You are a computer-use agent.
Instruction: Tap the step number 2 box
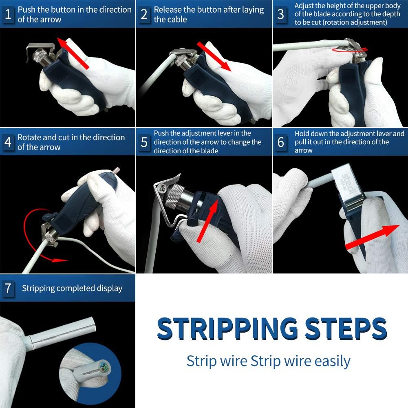144,14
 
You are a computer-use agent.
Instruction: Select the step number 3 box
280,14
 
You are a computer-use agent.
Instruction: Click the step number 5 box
144,142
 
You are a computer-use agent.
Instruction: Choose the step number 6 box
280,142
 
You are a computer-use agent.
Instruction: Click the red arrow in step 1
73,53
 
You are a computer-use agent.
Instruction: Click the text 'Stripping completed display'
72,288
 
